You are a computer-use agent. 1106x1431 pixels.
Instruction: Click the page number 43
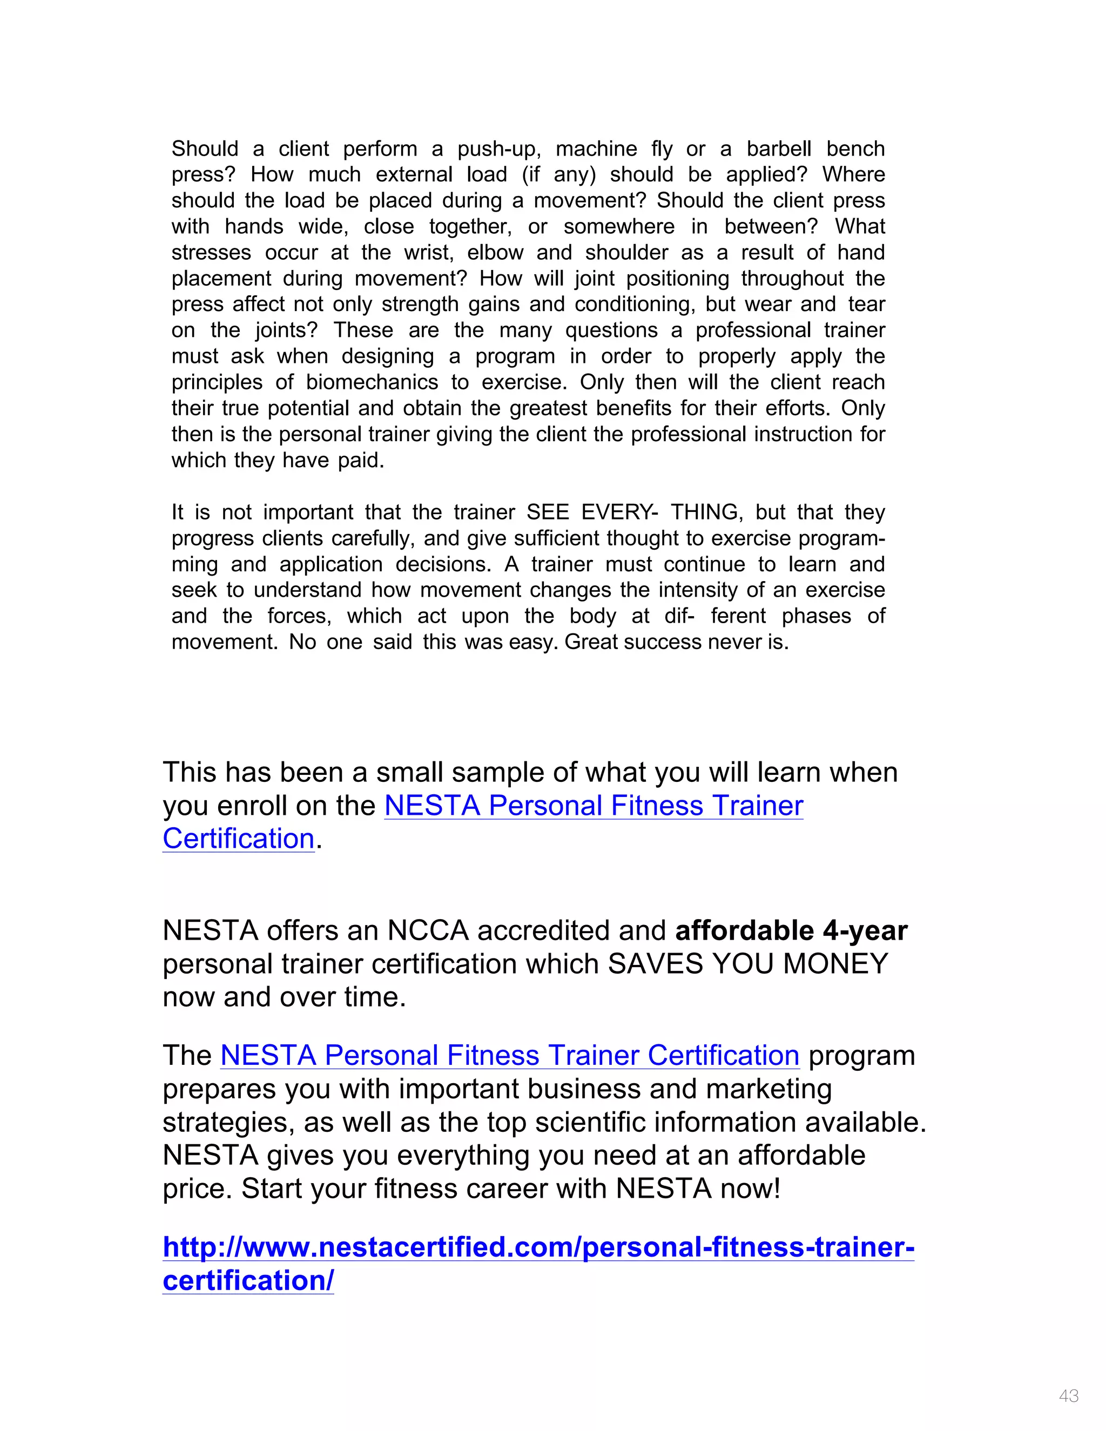tap(1068, 1395)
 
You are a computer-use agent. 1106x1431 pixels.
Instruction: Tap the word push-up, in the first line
tap(498, 150)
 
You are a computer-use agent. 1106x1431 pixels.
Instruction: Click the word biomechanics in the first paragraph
tap(372, 383)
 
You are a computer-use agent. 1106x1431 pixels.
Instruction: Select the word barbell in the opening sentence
tap(778, 150)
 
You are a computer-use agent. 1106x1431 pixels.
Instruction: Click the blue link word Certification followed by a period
tap(239, 839)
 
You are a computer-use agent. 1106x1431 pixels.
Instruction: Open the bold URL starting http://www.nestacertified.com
tap(538, 1247)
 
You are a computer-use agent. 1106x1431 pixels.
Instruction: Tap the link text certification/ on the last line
tap(248, 1281)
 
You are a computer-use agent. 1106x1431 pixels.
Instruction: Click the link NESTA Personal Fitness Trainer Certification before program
tap(509, 1056)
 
